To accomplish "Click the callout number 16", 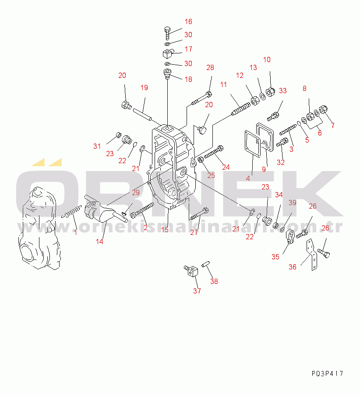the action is pyautogui.click(x=188, y=22).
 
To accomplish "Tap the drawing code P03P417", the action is pyautogui.click(x=327, y=373).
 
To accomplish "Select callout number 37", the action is pyautogui.click(x=197, y=291).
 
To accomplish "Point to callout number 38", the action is pyautogui.click(x=214, y=281).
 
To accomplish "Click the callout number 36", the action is pyautogui.click(x=293, y=267).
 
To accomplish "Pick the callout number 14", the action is pyautogui.click(x=99, y=241).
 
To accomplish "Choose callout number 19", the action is pyautogui.click(x=144, y=87).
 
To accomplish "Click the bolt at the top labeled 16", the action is pyautogui.click(x=167, y=33).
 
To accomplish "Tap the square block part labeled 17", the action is pyautogui.click(x=167, y=53).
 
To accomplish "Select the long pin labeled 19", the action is pyautogui.click(x=142, y=114).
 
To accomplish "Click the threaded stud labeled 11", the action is pyautogui.click(x=241, y=108).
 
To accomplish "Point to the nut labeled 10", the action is pyautogui.click(x=270, y=92).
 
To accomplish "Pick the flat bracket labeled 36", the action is pyautogui.click(x=312, y=255).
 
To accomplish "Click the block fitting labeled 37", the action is pyautogui.click(x=191, y=271).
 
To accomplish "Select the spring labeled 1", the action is pyautogui.click(x=72, y=212).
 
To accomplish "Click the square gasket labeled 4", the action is pyautogui.click(x=253, y=143).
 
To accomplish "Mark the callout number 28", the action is pyautogui.click(x=210, y=67).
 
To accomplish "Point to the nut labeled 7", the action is pyautogui.click(x=323, y=110).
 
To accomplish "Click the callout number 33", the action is pyautogui.click(x=283, y=91).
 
